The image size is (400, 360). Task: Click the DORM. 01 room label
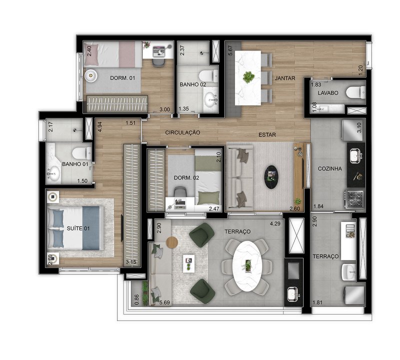click(122, 78)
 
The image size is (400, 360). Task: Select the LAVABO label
click(328, 93)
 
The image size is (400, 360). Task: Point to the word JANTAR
click(285, 78)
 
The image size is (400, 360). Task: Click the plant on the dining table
click(248, 77)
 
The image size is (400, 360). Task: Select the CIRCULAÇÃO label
click(182, 132)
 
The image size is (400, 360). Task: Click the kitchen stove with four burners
click(354, 198)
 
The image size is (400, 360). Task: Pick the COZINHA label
click(330, 168)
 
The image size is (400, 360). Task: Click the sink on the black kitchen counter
click(356, 156)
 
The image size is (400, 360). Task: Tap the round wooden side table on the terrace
click(172, 242)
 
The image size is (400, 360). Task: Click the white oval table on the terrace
click(247, 266)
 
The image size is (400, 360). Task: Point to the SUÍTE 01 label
click(78, 228)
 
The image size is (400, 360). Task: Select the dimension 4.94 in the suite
click(99, 126)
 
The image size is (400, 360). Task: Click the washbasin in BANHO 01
click(54, 173)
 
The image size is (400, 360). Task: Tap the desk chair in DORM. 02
click(180, 192)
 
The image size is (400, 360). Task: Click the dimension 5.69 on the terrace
click(164, 303)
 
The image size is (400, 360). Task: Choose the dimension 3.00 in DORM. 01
click(164, 109)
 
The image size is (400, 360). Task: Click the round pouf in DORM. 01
click(91, 75)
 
